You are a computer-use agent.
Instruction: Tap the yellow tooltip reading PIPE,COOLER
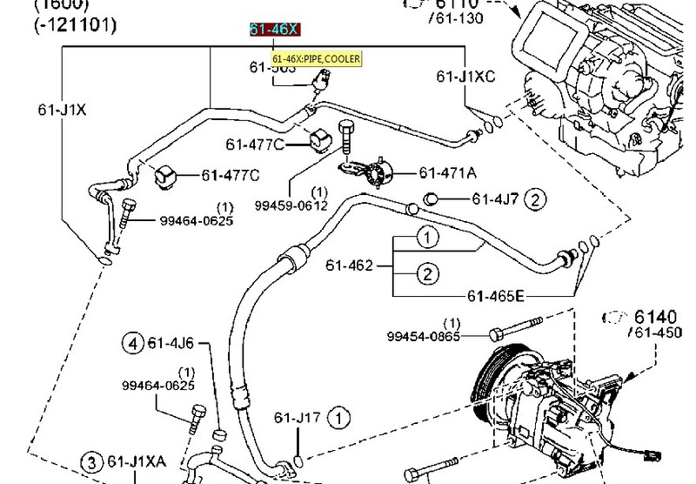[x=316, y=59]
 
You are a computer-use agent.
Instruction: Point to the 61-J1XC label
[x=465, y=77]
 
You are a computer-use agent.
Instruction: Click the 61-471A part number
[x=446, y=172]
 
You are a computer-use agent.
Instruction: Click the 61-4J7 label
[x=495, y=199]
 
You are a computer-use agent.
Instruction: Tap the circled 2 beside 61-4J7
[x=536, y=199]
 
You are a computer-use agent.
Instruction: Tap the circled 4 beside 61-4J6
[x=133, y=342]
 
